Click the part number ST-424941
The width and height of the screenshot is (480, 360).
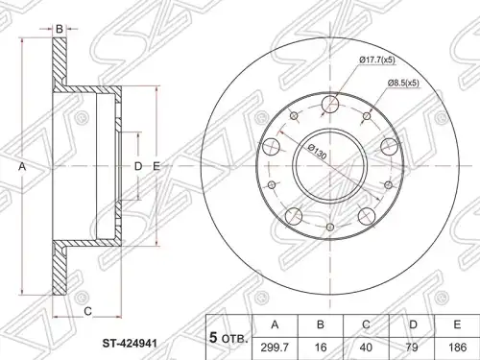[x=130, y=344]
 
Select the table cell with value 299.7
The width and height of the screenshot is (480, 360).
[x=276, y=348]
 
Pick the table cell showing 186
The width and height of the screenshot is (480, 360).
[x=457, y=348]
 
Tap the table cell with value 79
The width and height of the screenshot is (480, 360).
[x=412, y=348]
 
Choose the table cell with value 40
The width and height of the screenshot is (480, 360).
[x=367, y=348]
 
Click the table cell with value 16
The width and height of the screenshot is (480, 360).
[x=321, y=348]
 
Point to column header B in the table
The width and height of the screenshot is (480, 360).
[x=321, y=325]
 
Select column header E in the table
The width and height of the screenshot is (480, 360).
[x=457, y=325]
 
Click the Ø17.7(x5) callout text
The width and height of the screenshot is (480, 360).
[x=377, y=60]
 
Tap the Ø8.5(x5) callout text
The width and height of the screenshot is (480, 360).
[x=403, y=84]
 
